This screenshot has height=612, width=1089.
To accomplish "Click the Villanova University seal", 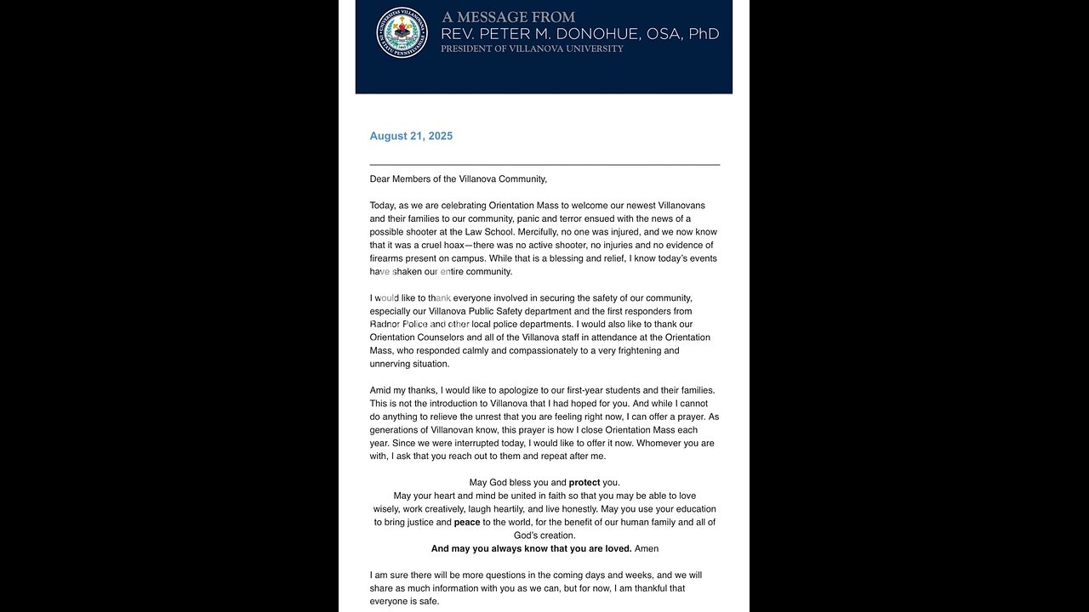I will coord(402,33).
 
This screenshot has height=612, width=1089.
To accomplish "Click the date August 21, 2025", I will coord(411,136).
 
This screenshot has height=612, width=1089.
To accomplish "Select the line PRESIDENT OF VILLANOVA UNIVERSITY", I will coord(532,49).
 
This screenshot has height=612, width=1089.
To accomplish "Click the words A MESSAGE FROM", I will coord(508,17).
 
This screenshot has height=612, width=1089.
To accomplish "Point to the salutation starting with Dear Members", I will coord(458,179).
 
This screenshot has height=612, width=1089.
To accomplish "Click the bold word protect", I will coord(584,483).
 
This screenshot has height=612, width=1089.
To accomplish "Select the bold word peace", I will coord(467,522).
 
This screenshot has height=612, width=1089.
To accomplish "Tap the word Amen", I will coord(647,548).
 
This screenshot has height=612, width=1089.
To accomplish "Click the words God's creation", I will coord(544,535).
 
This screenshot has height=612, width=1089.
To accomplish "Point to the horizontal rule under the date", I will coord(544,164).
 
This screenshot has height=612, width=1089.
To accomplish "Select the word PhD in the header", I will coord(704,34).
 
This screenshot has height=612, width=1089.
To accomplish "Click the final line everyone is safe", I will coord(405,601).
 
